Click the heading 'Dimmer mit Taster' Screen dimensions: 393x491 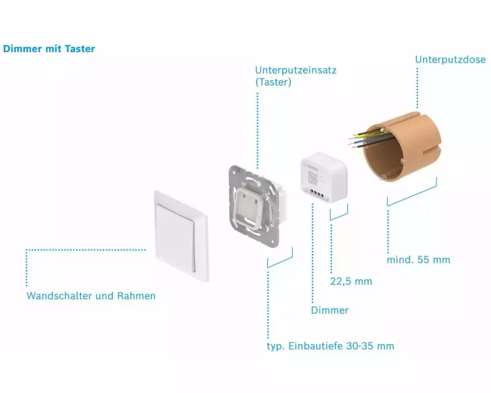[49, 49]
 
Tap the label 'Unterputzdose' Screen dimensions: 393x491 [450, 59]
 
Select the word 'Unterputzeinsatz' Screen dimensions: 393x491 [296, 70]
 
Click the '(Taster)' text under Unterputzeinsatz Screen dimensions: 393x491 [273, 82]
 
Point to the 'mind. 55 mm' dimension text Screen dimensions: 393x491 [418, 259]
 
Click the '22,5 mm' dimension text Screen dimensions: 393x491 [351, 281]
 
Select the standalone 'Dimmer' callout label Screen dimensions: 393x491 [329, 310]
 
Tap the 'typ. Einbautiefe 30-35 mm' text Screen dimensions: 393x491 [330, 346]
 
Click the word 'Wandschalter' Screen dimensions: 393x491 [59, 296]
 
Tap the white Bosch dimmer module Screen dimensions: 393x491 [324, 179]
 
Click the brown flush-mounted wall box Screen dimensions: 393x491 [400, 147]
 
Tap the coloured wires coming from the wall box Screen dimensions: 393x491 [366, 138]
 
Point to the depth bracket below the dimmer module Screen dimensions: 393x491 [339, 214]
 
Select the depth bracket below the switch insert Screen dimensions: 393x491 [280, 259]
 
